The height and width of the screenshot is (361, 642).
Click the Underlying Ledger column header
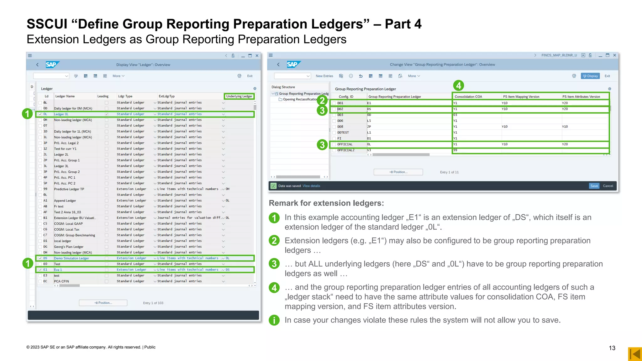239,96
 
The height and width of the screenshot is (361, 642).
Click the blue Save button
594,186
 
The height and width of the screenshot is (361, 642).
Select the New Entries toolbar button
324,76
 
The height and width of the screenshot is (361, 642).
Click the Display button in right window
590,76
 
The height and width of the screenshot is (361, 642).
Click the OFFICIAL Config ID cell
345,144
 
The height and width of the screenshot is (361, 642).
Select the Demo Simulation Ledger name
71,258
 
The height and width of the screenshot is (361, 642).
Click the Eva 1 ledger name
58,270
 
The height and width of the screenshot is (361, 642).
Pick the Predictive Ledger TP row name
69,189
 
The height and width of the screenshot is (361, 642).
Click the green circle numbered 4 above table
459,85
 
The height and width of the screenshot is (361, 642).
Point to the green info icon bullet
274,320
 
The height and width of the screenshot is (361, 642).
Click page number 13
612,348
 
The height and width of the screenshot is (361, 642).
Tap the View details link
311,186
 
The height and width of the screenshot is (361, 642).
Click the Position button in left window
103,303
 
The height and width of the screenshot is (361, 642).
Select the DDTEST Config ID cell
343,133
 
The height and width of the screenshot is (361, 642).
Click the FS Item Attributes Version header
581,97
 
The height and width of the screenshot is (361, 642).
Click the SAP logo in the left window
51,65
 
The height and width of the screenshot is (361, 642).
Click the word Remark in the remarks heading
283,203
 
